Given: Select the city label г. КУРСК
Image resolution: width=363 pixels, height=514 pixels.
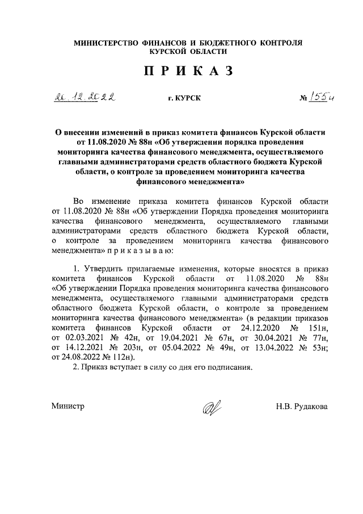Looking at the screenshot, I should [181, 99].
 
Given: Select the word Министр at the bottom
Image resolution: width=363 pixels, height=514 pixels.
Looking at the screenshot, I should [67, 407].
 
